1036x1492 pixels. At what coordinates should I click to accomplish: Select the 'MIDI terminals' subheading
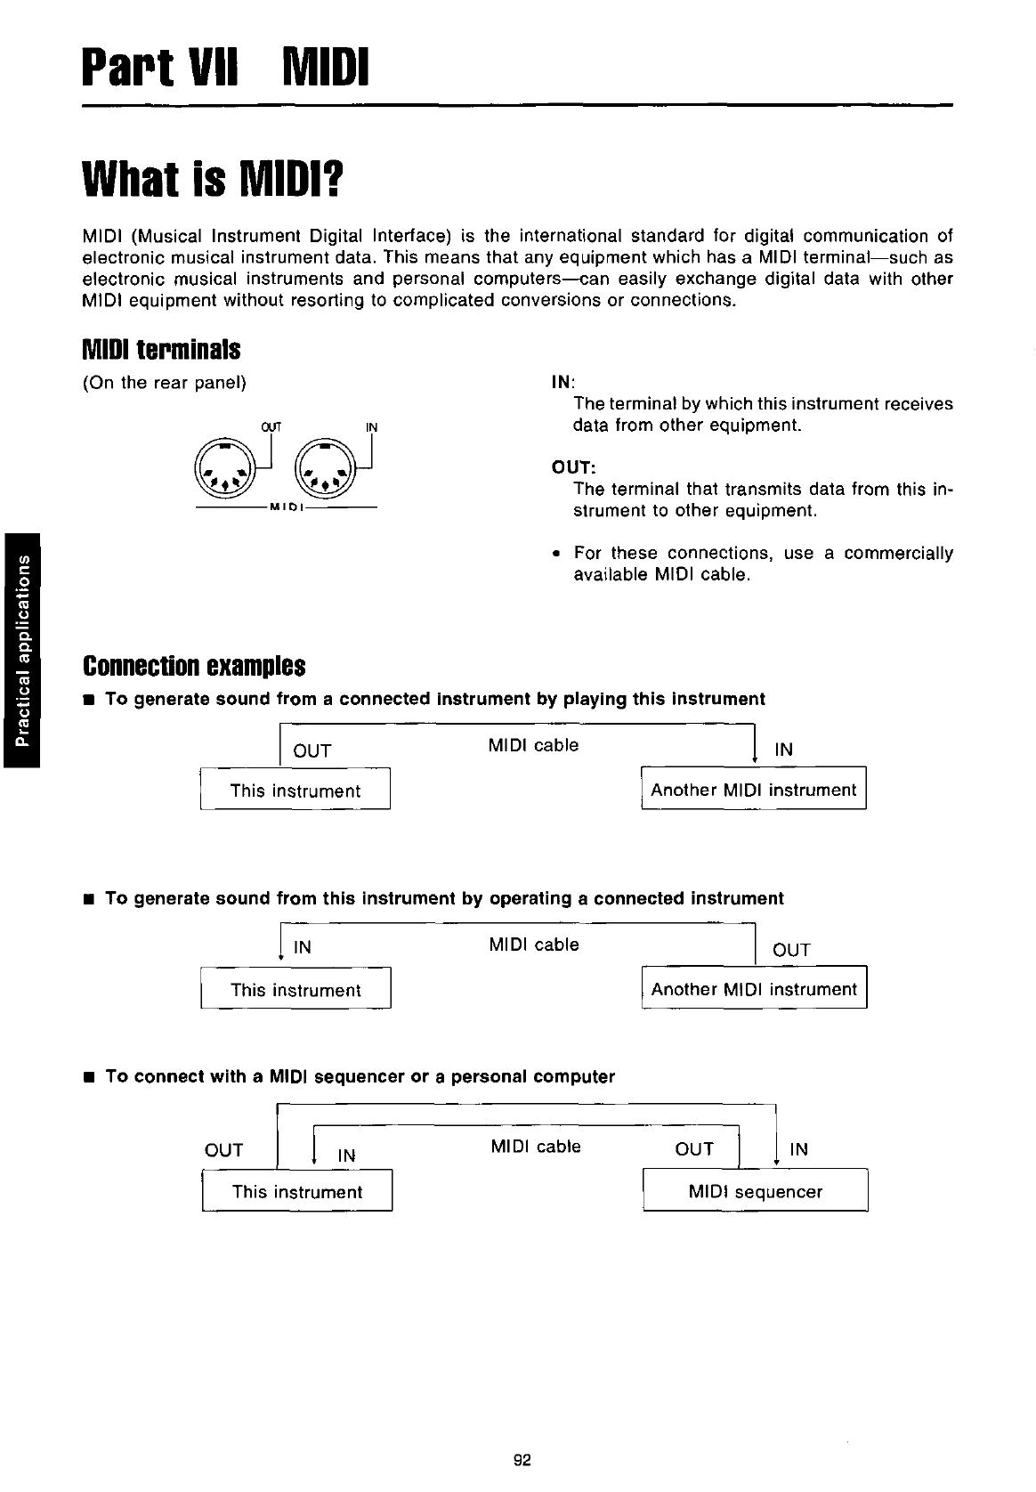tap(161, 350)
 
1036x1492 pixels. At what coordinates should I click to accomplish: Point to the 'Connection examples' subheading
tap(194, 666)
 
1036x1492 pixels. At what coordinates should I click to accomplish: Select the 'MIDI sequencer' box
tap(755, 1191)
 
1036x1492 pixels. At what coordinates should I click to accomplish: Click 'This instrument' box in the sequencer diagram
tap(297, 1192)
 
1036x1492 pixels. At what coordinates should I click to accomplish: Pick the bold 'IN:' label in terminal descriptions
tap(564, 383)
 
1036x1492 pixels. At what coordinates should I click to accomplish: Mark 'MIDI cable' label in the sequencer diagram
tap(535, 1147)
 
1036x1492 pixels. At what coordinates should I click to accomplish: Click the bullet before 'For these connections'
tap(555, 554)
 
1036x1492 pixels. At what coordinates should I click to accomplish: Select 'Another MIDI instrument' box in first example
tap(753, 790)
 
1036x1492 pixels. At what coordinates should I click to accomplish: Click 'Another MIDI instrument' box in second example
tap(754, 989)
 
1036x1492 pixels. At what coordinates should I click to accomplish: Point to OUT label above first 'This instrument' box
tap(312, 750)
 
